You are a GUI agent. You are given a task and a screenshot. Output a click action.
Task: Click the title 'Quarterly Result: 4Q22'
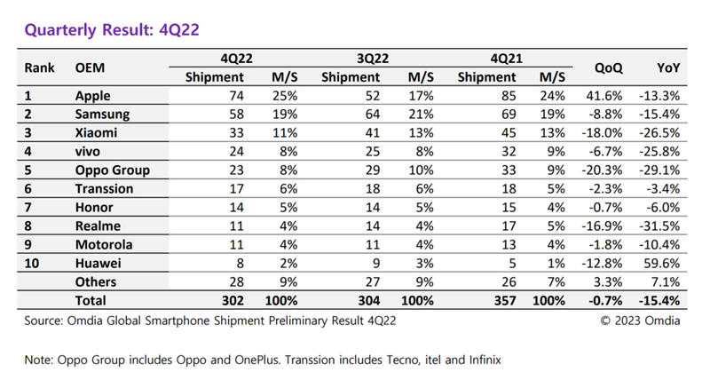pyautogui.click(x=111, y=30)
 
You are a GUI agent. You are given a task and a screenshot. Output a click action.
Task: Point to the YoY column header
pyautogui.click(x=668, y=67)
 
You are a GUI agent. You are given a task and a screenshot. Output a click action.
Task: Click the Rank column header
pyautogui.click(x=40, y=67)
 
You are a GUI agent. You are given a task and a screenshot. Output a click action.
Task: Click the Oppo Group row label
pyautogui.click(x=113, y=170)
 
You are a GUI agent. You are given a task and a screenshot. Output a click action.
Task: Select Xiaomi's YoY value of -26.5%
pyautogui.click(x=660, y=133)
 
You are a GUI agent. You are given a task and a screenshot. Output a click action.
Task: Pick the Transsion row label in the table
pyautogui.click(x=105, y=189)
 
